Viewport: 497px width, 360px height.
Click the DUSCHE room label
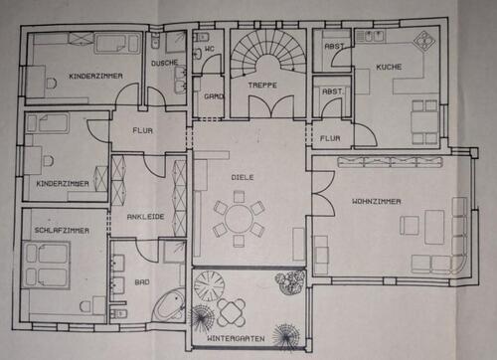click(x=165, y=64)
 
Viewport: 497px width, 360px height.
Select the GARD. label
click(x=214, y=96)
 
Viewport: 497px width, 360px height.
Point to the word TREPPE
click(x=262, y=87)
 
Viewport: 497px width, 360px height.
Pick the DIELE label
click(x=243, y=177)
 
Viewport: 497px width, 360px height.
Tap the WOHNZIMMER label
click(x=376, y=201)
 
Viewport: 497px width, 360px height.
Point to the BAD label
click(x=143, y=281)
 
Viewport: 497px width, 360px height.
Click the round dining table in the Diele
click(x=240, y=218)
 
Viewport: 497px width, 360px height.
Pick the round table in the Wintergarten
click(x=233, y=312)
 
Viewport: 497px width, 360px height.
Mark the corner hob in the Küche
click(x=424, y=42)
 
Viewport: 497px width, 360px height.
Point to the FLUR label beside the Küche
click(x=330, y=138)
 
